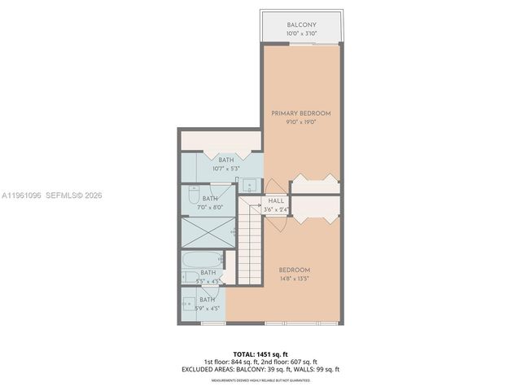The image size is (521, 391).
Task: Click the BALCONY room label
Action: coord(300,25)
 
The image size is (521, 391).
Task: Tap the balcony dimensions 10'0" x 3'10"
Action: coord(300,34)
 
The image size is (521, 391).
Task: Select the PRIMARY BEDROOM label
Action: coord(300,113)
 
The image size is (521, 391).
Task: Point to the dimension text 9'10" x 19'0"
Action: coord(300,122)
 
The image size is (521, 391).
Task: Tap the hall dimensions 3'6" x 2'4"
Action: coord(275,210)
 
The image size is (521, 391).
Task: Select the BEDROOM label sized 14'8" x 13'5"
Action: coord(294,270)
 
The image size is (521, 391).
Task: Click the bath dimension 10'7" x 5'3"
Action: coord(220,169)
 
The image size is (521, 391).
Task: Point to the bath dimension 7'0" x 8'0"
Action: coord(210,207)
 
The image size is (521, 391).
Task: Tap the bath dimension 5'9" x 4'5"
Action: coord(208,309)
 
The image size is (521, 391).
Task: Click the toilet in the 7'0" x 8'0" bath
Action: coord(190,197)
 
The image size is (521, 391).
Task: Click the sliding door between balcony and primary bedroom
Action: coord(300,44)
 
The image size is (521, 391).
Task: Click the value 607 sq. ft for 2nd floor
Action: coord(300,362)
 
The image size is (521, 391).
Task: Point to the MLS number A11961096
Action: coord(24,195)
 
